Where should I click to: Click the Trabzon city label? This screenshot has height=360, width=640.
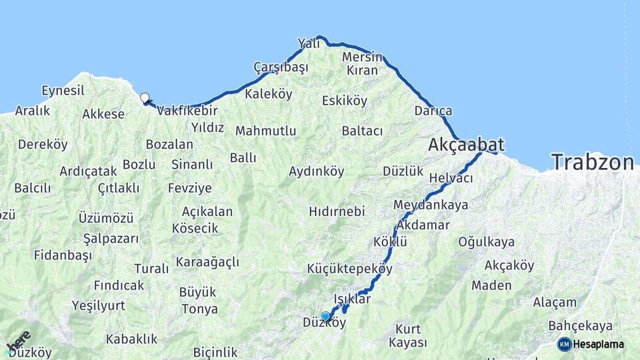pyautogui.click(x=592, y=163)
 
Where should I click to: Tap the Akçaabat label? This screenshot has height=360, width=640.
pyautogui.click(x=466, y=145)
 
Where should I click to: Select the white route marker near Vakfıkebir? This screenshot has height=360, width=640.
pyautogui.click(x=145, y=98)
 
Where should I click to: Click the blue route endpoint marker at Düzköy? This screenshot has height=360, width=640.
pyautogui.click(x=325, y=316)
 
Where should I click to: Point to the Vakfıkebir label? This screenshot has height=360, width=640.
pyautogui.click(x=187, y=111)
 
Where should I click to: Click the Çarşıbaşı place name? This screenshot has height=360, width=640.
pyautogui.click(x=281, y=67)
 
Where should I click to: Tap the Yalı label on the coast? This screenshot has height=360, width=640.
pyautogui.click(x=309, y=43)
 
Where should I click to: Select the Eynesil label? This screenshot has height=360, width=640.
pyautogui.click(x=63, y=91)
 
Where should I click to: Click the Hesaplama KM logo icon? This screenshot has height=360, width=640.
pyautogui.click(x=564, y=344)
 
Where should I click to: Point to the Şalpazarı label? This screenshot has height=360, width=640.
pyautogui.click(x=111, y=239)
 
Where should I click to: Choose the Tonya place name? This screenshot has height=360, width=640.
pyautogui.click(x=199, y=309)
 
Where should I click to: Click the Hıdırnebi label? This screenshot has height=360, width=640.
pyautogui.click(x=337, y=211)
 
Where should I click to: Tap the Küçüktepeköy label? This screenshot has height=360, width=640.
pyautogui.click(x=349, y=269)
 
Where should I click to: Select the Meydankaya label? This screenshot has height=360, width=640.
pyautogui.click(x=431, y=205)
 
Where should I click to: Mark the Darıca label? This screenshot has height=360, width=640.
pyautogui.click(x=433, y=111)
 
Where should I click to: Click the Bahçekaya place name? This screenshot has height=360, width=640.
pyautogui.click(x=580, y=326)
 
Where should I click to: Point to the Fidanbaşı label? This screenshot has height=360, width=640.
pyautogui.click(x=64, y=255)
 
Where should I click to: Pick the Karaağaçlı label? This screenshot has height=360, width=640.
pyautogui.click(x=207, y=262)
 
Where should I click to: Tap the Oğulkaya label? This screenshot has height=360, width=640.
pyautogui.click(x=486, y=242)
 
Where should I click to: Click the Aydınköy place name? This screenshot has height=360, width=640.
pyautogui.click(x=316, y=171)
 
